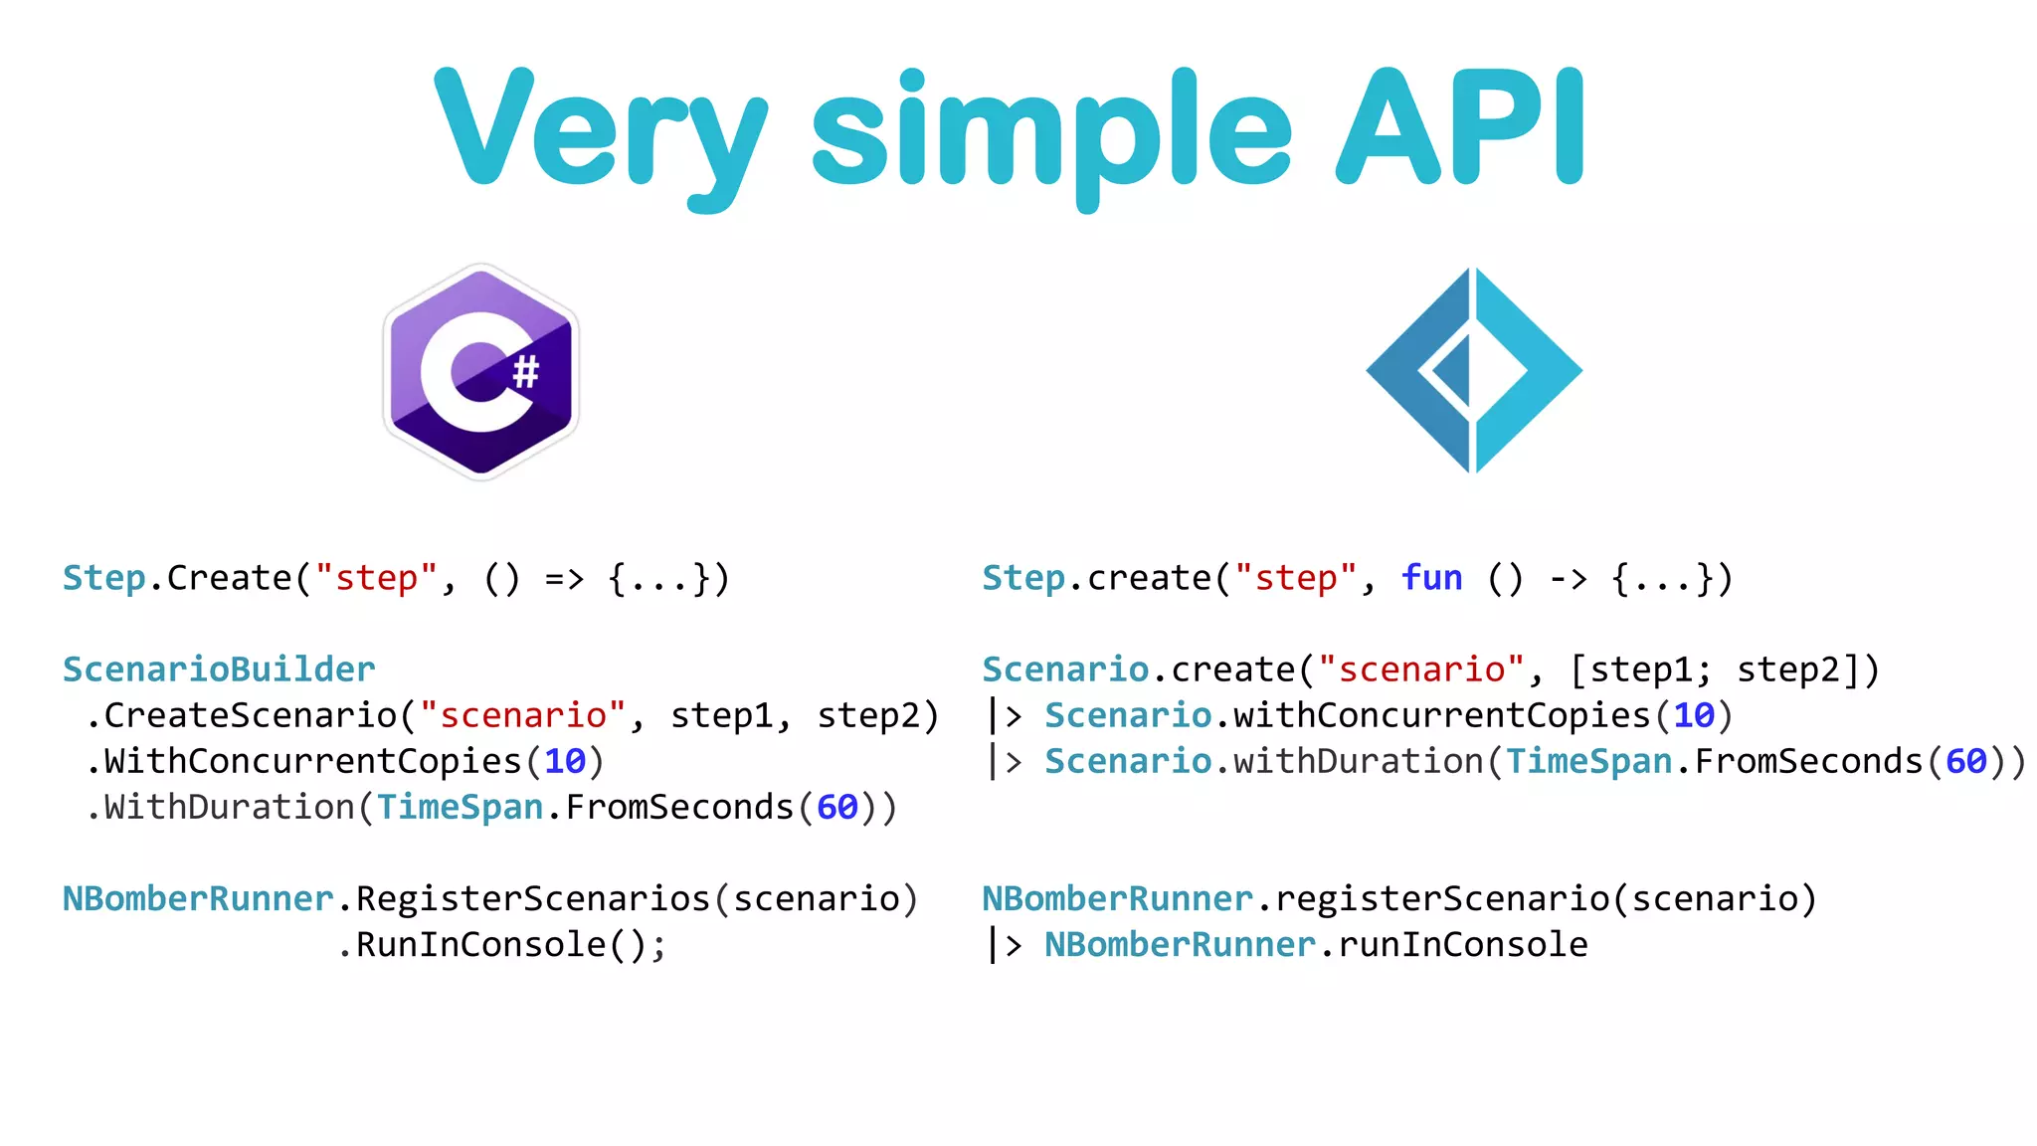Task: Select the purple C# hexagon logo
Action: (481, 372)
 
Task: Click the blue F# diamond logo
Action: (1474, 371)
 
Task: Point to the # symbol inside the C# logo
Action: (525, 372)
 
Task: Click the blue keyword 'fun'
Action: (1431, 578)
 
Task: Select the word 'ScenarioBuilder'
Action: (219, 669)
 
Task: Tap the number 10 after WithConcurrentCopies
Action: (565, 761)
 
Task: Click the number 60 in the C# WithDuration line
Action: (836, 807)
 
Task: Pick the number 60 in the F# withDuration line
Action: (1965, 761)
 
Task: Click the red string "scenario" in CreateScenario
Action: (523, 715)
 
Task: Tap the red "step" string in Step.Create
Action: (376, 578)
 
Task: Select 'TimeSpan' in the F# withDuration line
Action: (1588, 761)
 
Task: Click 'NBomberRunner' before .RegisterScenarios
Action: (198, 898)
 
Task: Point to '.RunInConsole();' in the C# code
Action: (502, 944)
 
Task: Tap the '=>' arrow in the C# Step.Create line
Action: (564, 578)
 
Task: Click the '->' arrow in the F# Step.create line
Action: (1569, 578)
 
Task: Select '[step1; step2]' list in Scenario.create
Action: (1724, 669)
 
